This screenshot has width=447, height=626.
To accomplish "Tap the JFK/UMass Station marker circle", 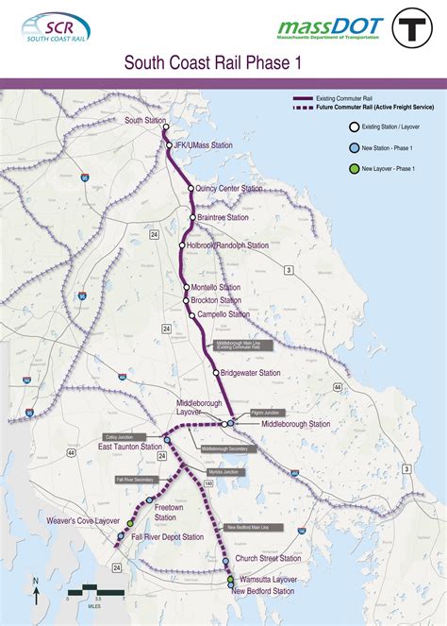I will [x=170, y=145].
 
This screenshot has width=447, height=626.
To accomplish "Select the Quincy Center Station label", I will [x=230, y=189].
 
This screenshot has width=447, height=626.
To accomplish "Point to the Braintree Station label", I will [x=224, y=217].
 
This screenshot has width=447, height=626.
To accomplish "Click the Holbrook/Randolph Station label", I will [x=227, y=245].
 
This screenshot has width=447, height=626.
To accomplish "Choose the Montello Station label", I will [x=216, y=287].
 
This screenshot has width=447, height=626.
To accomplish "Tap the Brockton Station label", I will [x=217, y=300].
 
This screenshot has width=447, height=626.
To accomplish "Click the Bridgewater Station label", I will [x=250, y=373].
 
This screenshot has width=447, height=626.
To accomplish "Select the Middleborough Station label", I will [x=295, y=424].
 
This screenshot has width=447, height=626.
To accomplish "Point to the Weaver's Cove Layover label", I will [x=83, y=520].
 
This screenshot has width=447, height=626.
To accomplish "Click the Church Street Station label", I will [x=269, y=559].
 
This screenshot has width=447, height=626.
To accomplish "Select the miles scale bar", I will [x=96, y=590].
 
